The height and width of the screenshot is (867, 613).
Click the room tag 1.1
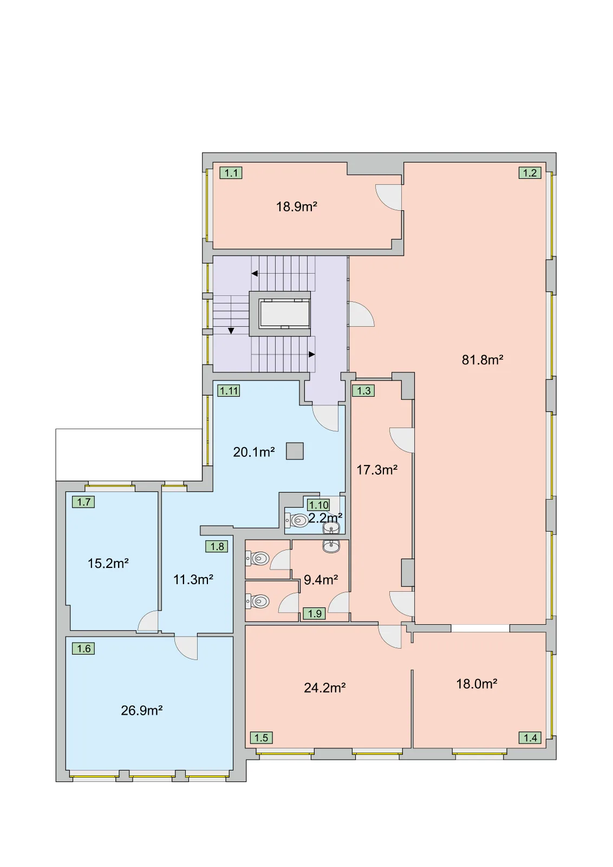[231, 173]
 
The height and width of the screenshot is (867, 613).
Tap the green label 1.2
[530, 173]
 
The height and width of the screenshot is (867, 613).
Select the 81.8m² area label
[482, 360]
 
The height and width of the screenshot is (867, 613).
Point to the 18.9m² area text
[296, 206]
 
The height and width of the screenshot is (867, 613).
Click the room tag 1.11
[229, 391]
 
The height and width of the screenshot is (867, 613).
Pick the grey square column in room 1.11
[295, 451]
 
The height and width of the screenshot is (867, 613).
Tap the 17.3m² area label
[377, 470]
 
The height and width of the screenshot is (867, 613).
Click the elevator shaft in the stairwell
[279, 314]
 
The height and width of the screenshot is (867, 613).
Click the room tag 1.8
[217, 546]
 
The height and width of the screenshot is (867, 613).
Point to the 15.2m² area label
[108, 563]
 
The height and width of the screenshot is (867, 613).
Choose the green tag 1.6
[83, 648]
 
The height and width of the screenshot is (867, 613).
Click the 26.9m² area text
[141, 710]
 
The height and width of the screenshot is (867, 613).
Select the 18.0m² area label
[477, 684]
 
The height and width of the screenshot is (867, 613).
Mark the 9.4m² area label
[321, 580]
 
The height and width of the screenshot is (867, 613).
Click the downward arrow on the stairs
[231, 331]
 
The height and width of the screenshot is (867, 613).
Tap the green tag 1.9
[315, 613]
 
